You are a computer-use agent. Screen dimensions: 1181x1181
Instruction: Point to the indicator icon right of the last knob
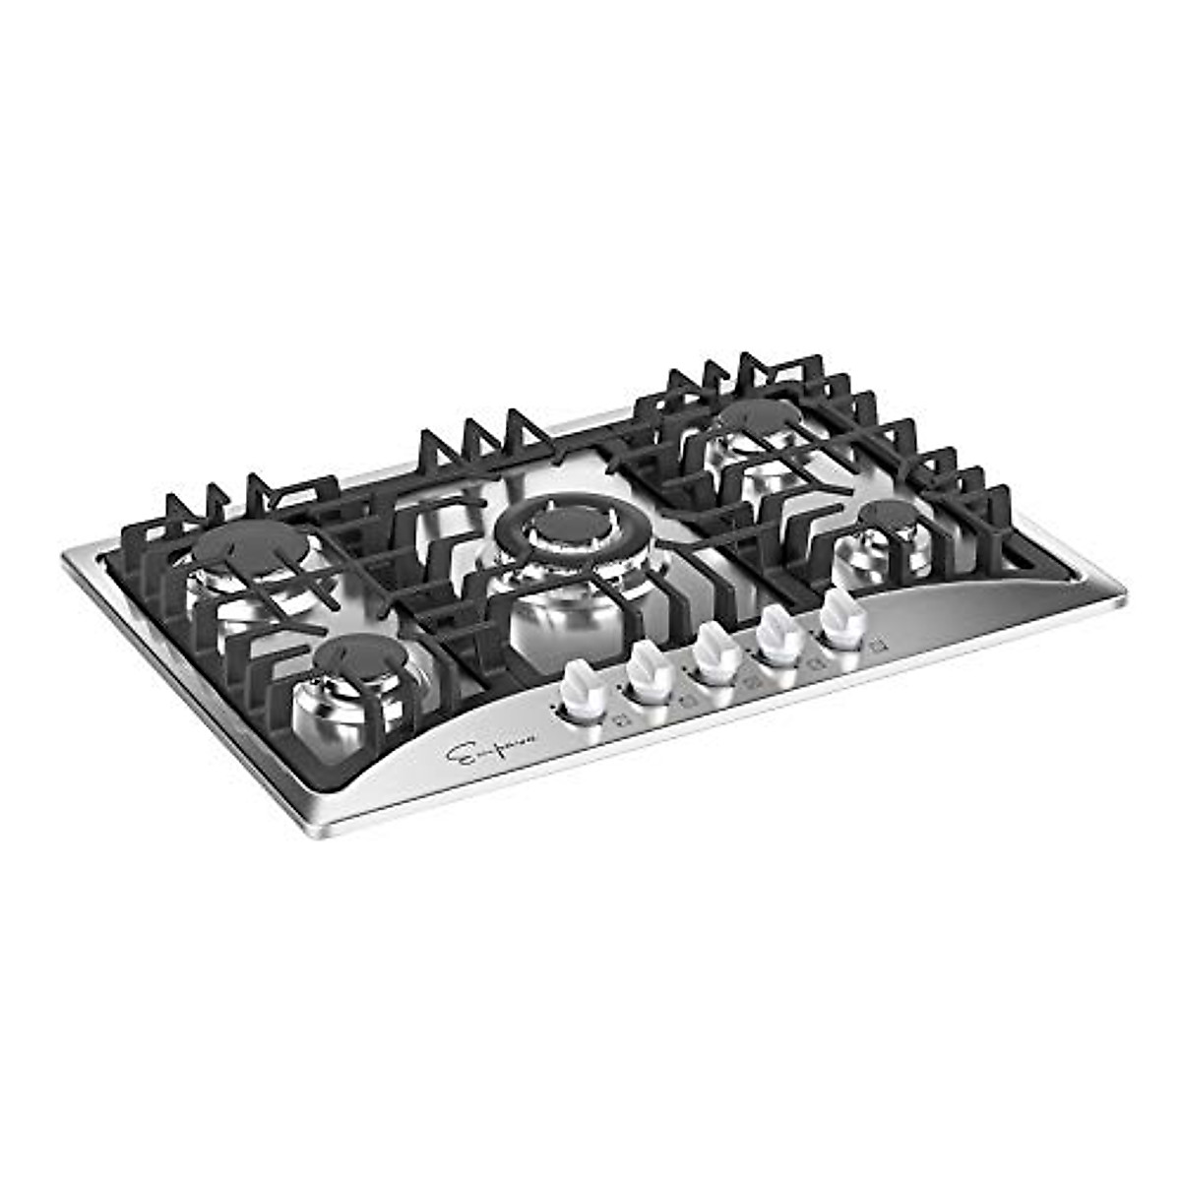877,645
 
